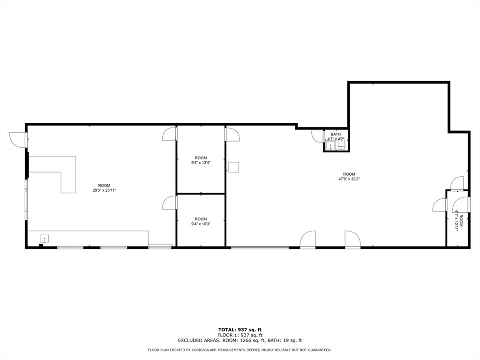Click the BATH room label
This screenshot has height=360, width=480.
click(336, 135)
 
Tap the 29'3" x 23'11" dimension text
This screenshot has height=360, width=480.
click(104, 190)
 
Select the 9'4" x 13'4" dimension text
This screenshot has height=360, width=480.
click(201, 163)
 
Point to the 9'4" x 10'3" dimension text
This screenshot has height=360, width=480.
click(201, 224)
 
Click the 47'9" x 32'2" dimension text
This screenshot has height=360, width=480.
click(349, 179)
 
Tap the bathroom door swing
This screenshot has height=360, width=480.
click(318, 136)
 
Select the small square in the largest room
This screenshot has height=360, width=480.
click(234, 167)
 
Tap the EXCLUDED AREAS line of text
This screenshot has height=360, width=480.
click(240, 341)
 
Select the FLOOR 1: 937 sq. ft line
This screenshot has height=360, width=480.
click(240, 335)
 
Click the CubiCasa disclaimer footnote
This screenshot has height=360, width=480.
click(240, 350)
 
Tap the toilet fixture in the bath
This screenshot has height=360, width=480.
click(341, 146)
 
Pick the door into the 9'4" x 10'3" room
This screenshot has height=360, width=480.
click(169, 203)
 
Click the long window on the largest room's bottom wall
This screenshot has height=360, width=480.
click(260, 247)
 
